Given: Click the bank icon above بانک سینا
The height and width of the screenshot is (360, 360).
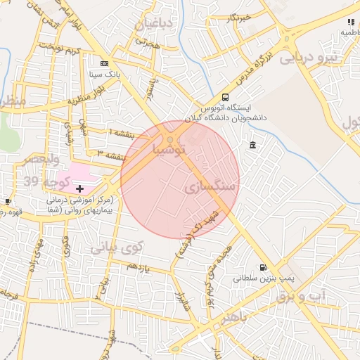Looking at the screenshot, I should (105, 62).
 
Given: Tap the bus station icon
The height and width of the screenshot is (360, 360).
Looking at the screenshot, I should (225, 97).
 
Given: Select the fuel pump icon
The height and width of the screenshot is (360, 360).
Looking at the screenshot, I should (263, 267).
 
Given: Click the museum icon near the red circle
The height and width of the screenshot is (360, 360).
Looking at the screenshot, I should (252, 146).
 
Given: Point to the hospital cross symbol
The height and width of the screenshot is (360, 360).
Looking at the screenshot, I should (79, 188).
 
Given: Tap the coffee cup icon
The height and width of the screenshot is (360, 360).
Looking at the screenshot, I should (8, 202).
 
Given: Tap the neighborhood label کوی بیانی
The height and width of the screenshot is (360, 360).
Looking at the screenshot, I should (117, 247).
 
